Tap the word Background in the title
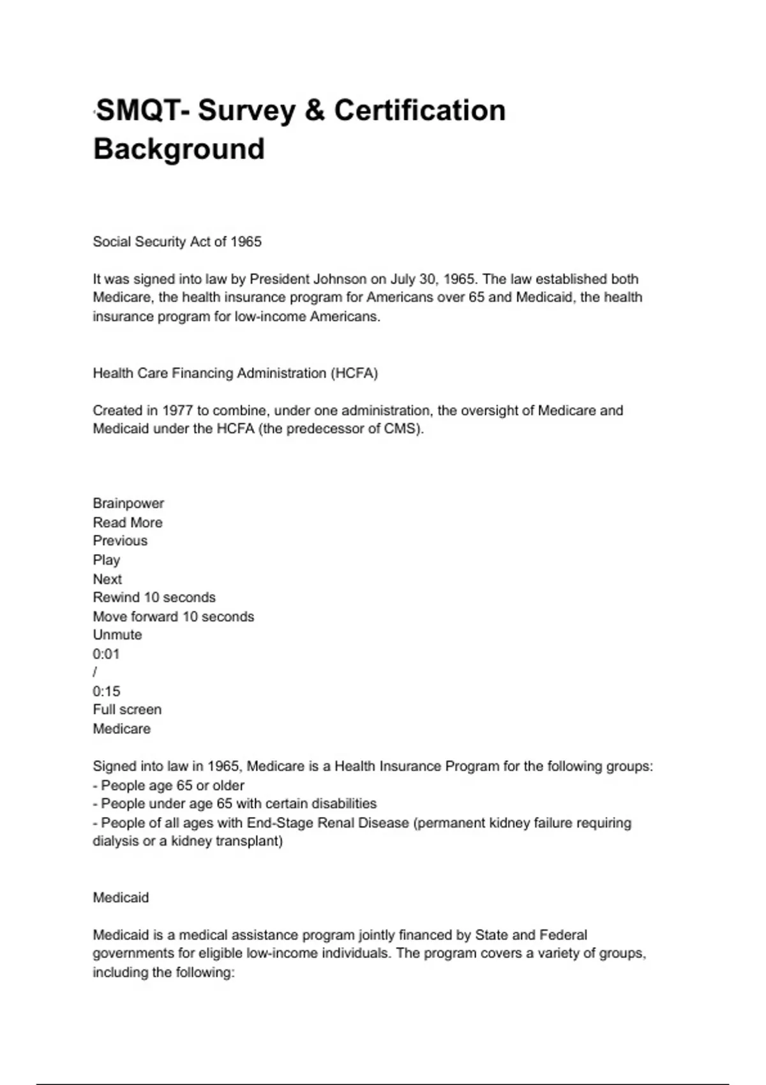[179, 149]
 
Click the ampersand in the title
[315, 110]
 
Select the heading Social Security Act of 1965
[177, 242]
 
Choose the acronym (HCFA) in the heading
[354, 373]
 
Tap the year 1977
[177, 410]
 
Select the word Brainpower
[128, 504]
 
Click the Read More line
[128, 523]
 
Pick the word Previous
[120, 541]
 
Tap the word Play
[107, 560]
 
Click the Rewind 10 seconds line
[154, 597]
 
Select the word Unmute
[117, 635]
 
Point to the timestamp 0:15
[107, 691]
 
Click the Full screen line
[127, 710]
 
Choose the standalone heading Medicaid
[121, 898]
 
